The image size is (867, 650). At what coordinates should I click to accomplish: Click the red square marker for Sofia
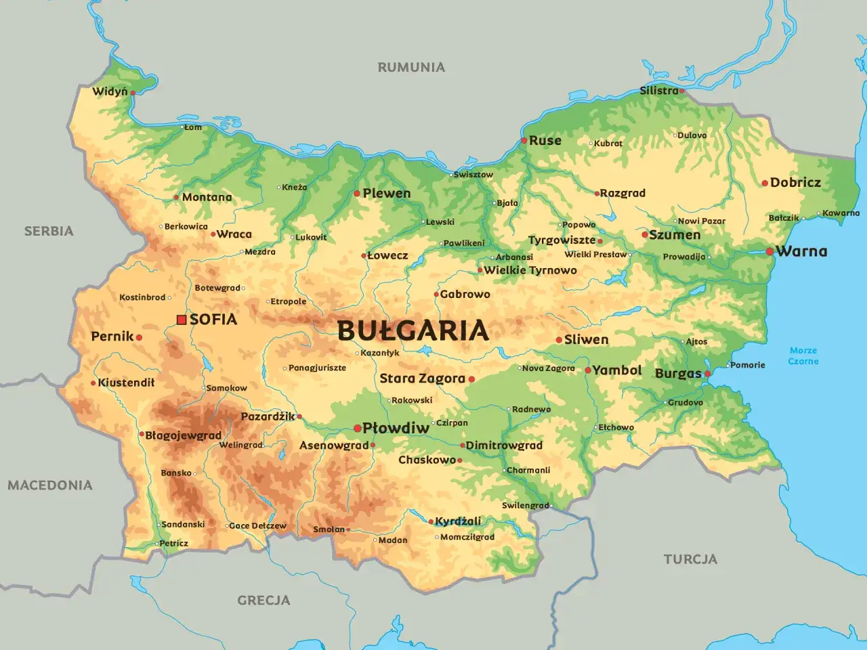(x=181, y=320)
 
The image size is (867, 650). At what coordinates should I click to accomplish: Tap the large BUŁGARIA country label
(x=413, y=330)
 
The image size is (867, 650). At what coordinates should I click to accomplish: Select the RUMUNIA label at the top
(x=411, y=67)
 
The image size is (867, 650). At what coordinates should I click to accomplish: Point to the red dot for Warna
(x=769, y=251)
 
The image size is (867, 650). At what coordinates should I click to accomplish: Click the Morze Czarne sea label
(x=803, y=355)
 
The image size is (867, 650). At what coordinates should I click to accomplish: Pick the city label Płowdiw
(x=396, y=428)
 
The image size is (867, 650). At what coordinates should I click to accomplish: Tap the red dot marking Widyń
(x=133, y=93)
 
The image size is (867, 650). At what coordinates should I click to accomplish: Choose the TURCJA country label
(x=690, y=559)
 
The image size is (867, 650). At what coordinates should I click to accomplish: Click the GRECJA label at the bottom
(x=263, y=600)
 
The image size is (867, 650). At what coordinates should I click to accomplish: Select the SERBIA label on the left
(x=49, y=231)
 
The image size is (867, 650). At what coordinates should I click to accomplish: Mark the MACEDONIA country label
(x=49, y=485)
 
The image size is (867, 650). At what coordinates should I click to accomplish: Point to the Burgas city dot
(x=707, y=374)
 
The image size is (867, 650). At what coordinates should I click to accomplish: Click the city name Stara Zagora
(x=422, y=378)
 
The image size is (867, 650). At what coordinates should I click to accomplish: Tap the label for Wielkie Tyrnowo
(x=530, y=270)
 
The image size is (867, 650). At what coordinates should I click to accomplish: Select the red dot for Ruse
(x=524, y=141)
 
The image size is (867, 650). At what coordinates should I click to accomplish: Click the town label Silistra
(x=658, y=91)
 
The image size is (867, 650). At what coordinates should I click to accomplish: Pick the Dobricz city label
(x=795, y=182)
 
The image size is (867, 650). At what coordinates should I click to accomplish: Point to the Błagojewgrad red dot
(x=141, y=435)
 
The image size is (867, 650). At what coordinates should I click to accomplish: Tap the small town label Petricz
(x=173, y=543)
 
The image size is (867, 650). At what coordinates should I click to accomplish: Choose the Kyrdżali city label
(x=458, y=521)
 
